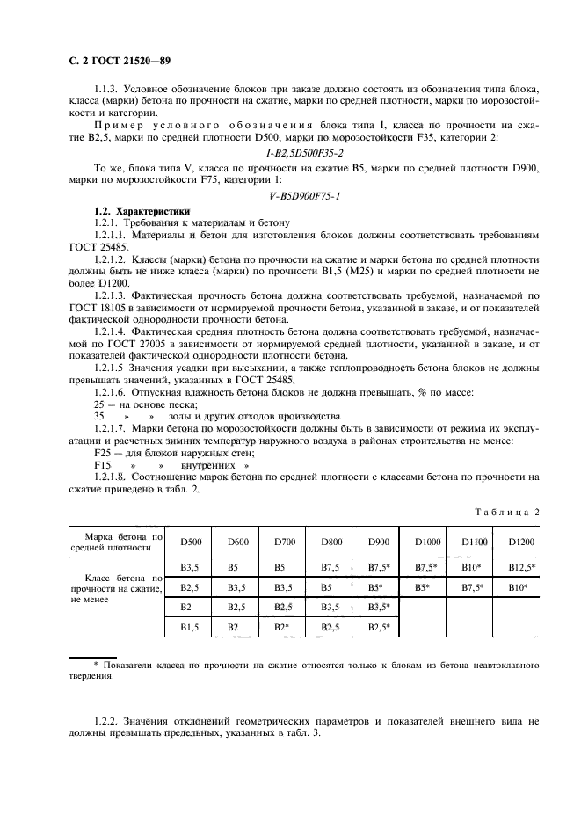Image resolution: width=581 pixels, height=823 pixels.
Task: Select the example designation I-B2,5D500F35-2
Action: (289, 152)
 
